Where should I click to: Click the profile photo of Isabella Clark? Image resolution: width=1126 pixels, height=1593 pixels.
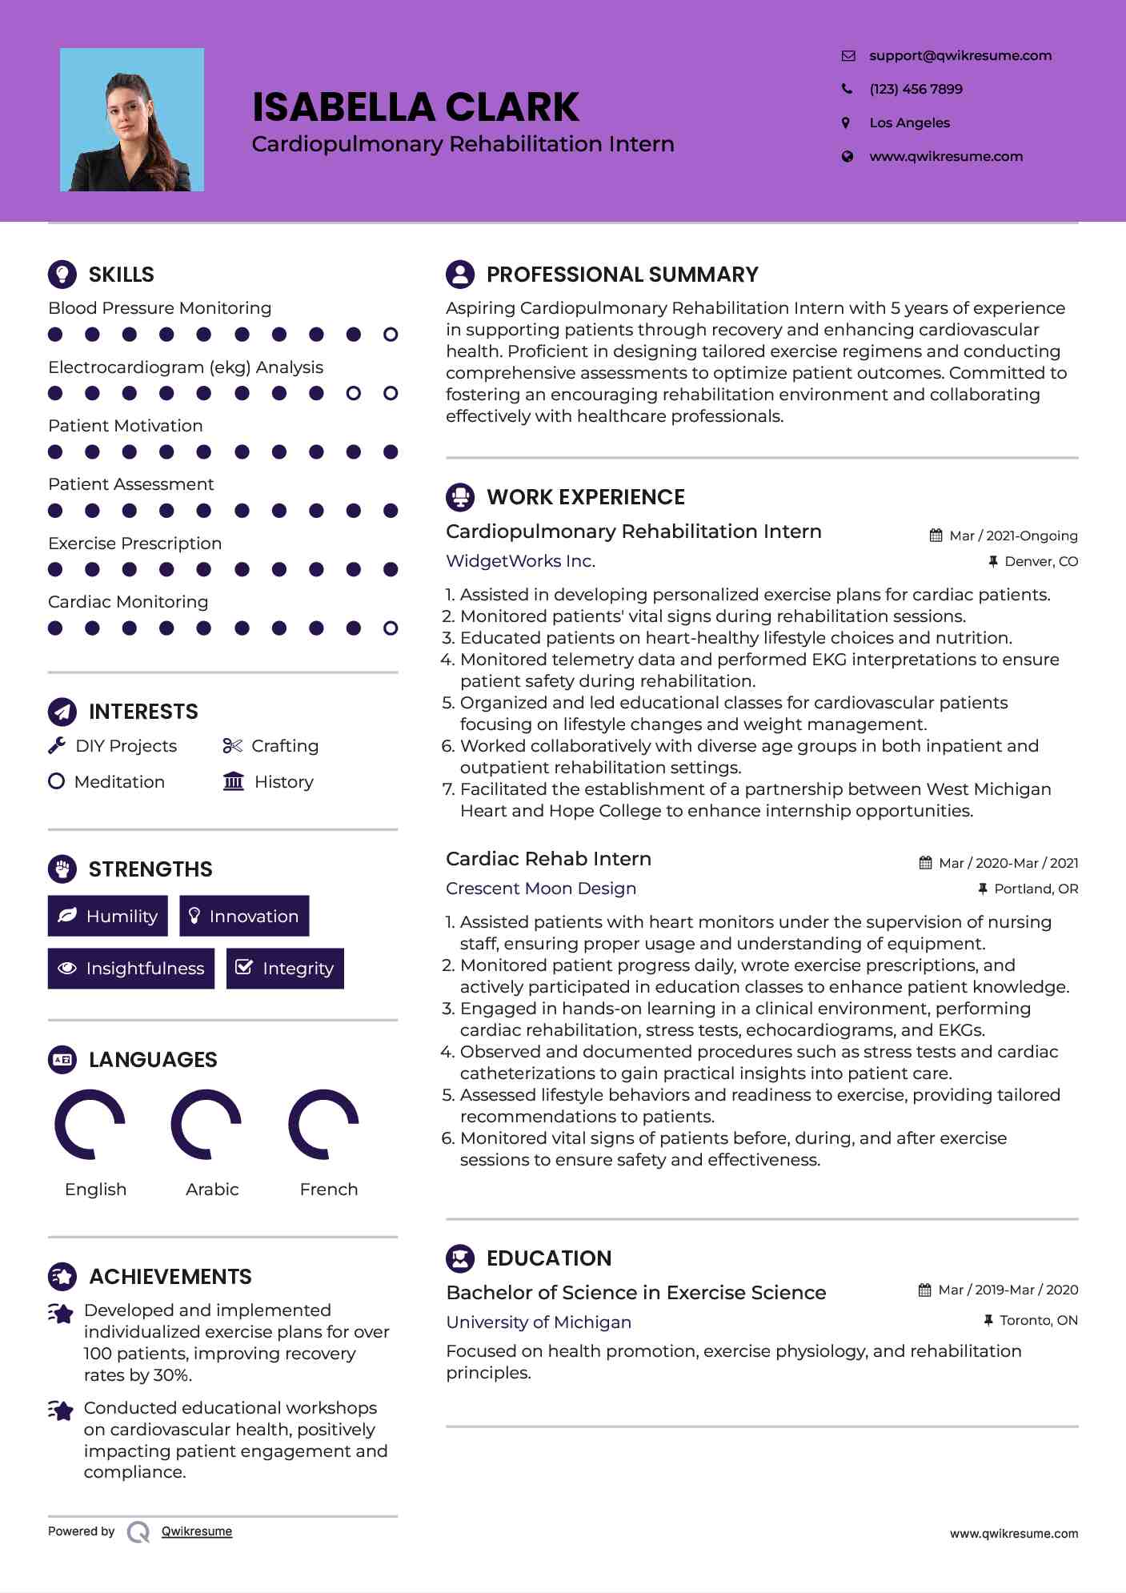(x=132, y=120)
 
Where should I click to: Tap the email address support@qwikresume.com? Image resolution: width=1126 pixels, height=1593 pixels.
(x=960, y=55)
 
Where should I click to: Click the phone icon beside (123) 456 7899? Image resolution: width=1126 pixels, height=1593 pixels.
(x=847, y=89)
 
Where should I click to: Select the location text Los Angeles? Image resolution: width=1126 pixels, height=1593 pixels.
(x=909, y=122)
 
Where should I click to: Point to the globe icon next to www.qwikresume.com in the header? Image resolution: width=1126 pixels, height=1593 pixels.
(x=847, y=157)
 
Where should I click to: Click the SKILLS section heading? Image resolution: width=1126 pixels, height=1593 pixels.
(x=121, y=275)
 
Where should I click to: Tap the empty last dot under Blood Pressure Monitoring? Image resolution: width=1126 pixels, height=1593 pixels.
(x=391, y=335)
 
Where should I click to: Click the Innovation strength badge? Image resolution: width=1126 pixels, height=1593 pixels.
(x=244, y=916)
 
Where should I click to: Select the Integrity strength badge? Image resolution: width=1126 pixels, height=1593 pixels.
(x=285, y=969)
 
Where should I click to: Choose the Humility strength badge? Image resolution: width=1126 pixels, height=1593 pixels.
(x=108, y=916)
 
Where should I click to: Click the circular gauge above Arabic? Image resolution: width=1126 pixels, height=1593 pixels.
(x=206, y=1124)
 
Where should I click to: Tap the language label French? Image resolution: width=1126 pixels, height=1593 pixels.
(x=328, y=1190)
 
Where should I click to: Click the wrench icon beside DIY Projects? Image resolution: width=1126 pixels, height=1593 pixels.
(x=57, y=746)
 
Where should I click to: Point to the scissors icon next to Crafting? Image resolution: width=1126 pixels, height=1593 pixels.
(x=232, y=746)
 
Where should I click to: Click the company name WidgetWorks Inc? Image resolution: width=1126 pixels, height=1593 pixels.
(x=520, y=561)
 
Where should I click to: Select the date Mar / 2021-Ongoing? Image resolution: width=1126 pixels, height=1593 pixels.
(x=1013, y=536)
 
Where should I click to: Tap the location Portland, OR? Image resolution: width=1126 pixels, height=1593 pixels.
(x=1036, y=889)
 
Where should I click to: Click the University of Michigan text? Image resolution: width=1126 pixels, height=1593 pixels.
(x=539, y=1322)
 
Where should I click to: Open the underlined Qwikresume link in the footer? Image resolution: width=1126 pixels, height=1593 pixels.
(x=197, y=1531)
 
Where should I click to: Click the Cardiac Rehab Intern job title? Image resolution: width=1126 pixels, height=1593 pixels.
(x=548, y=859)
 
